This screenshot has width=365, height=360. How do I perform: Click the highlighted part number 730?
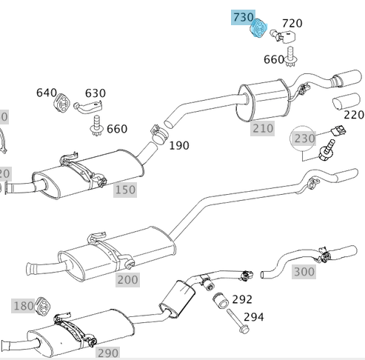(x=243, y=17)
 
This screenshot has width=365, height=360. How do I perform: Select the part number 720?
(x=292, y=24)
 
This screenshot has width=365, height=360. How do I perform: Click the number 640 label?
(x=47, y=93)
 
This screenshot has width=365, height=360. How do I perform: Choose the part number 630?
(x=95, y=93)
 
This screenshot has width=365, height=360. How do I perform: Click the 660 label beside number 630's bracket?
(x=117, y=129)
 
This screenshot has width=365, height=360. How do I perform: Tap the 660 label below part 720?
(x=273, y=59)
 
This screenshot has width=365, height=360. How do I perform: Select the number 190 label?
(x=179, y=145)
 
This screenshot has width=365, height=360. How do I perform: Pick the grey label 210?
(x=262, y=128)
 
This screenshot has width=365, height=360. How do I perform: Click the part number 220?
(x=354, y=115)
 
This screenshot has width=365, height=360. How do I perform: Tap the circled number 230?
(x=304, y=139)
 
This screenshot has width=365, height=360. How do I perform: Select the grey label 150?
(x=125, y=190)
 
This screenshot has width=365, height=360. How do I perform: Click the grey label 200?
(x=127, y=279)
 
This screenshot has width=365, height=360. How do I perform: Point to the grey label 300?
(x=304, y=272)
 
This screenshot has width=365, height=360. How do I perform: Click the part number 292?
(x=242, y=300)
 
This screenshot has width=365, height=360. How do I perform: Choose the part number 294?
(x=253, y=317)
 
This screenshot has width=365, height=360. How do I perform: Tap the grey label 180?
(x=24, y=306)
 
